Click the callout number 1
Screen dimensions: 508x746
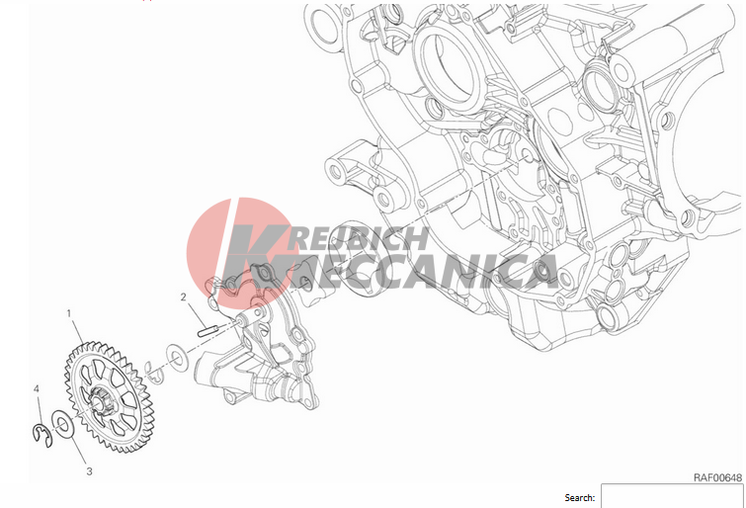point(69,313)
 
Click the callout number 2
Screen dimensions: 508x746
point(184,296)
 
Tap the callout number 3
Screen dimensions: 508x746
point(89,471)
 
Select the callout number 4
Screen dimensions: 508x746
point(37,389)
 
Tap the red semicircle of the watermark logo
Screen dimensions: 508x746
point(211,242)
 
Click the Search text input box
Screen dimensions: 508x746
point(671,496)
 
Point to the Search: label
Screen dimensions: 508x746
point(579,497)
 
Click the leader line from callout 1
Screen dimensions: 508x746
point(77,330)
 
